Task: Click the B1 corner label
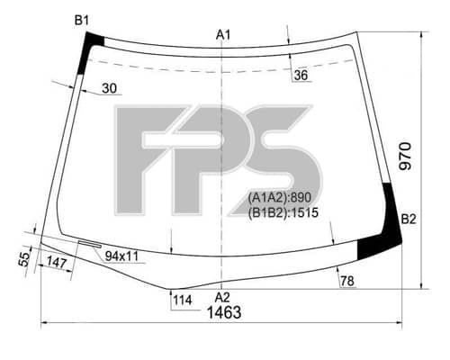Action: pyautogui.click(x=82, y=21)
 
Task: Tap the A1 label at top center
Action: pyautogui.click(x=223, y=35)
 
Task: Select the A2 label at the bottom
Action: pyautogui.click(x=222, y=297)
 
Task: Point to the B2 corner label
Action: pyautogui.click(x=409, y=220)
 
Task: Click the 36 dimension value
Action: pyautogui.click(x=301, y=75)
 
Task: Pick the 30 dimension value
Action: pyautogui.click(x=109, y=88)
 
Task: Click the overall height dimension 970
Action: pyautogui.click(x=405, y=157)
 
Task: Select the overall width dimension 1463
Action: pyautogui.click(x=224, y=312)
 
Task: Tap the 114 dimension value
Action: pyautogui.click(x=183, y=300)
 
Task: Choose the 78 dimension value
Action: pyautogui.click(x=347, y=281)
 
